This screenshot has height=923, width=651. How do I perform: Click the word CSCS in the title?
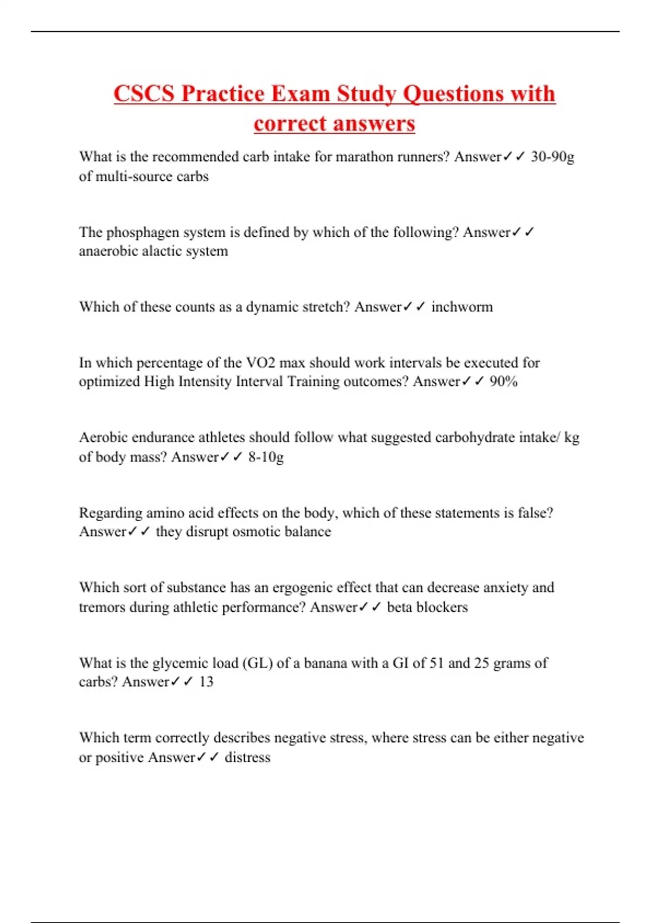(x=144, y=93)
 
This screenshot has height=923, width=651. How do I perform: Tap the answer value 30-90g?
(x=552, y=157)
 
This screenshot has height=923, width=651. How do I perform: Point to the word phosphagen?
(x=138, y=232)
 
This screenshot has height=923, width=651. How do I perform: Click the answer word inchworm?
(x=462, y=307)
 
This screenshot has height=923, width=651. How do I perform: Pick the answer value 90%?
(x=503, y=382)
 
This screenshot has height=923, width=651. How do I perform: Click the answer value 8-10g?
(x=266, y=457)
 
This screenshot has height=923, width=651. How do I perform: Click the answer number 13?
(x=206, y=682)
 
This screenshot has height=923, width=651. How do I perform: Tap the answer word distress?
(x=247, y=757)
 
